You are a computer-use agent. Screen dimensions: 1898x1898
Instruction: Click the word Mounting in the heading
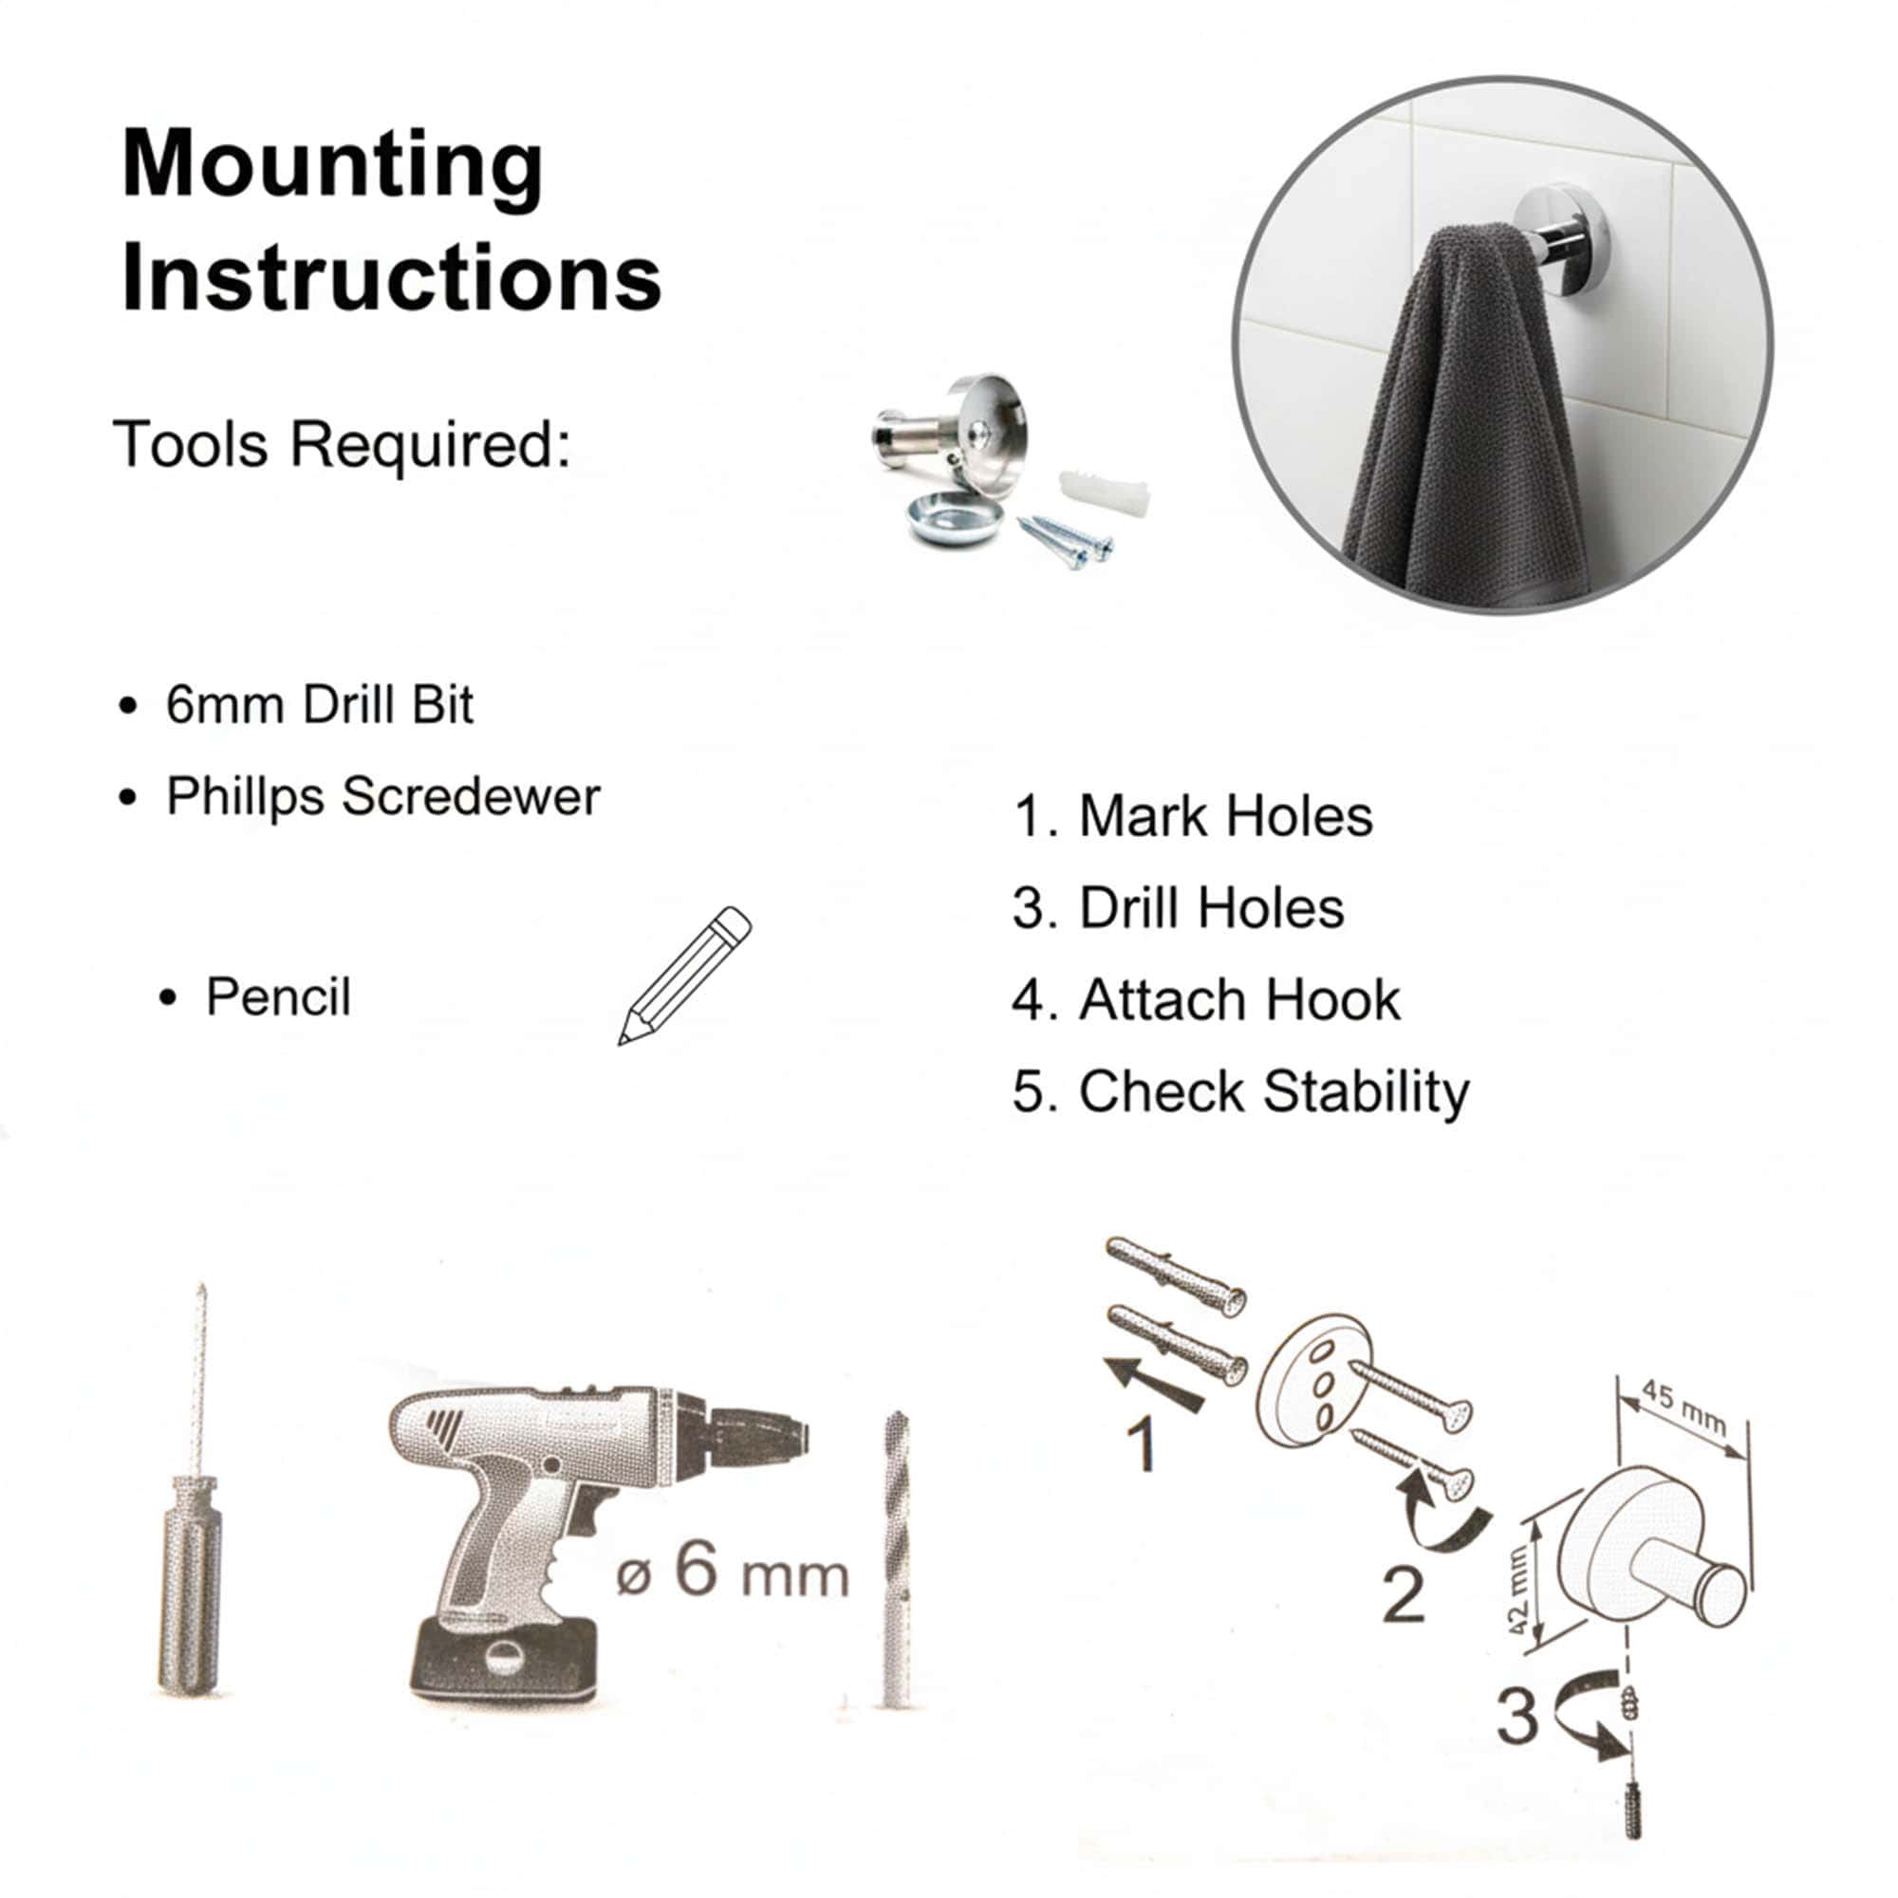coord(332,167)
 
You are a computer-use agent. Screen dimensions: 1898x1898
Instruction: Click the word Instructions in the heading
coord(391,278)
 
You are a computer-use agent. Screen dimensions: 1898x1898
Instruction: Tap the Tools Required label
coord(342,444)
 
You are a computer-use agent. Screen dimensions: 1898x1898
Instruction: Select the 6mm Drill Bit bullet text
coord(319,704)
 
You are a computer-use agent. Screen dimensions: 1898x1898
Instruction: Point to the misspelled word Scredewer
coord(471,796)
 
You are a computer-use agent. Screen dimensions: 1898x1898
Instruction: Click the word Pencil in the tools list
coord(278,997)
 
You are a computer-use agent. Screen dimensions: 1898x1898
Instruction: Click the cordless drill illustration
coord(597,1540)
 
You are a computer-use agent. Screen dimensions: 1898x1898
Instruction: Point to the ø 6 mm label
coord(732,1570)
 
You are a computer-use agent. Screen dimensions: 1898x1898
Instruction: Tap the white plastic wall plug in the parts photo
coord(1104,496)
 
